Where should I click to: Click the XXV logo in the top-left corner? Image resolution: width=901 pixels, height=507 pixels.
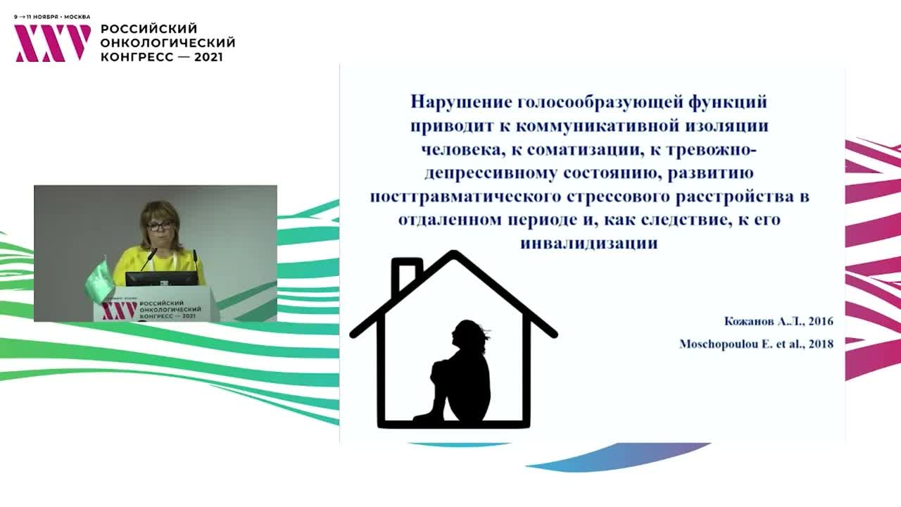(53, 43)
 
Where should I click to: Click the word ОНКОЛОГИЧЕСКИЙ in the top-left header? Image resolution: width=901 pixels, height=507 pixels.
(168, 43)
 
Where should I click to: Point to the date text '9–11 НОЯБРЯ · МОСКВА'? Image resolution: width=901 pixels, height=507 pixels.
(52, 17)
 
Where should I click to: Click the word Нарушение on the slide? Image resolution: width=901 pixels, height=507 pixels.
(461, 102)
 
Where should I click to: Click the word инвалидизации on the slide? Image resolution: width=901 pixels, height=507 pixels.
(589, 243)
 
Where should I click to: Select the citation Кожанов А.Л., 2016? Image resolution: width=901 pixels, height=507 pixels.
(779, 322)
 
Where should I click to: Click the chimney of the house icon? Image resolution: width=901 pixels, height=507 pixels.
(406, 275)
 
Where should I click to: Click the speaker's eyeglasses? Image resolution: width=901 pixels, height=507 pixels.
(160, 225)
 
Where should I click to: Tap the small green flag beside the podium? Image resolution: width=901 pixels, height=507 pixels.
(99, 280)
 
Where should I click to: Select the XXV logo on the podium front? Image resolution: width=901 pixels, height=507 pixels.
(118, 311)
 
